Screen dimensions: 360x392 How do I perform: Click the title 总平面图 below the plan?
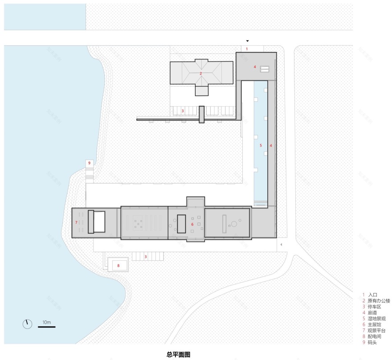[178, 355]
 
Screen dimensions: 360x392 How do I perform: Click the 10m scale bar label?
[47, 321]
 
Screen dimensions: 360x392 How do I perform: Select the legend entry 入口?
[372, 295]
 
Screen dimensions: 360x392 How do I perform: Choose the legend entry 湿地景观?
[376, 319]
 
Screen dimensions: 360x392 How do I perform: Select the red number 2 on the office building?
[201, 73]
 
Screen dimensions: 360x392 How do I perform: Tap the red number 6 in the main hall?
[192, 225]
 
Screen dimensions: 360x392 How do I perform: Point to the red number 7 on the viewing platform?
[77, 222]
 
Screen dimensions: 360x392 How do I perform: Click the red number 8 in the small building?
[118, 266]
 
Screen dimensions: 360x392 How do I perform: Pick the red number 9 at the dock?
[90, 163]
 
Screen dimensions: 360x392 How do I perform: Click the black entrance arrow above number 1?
[248, 40]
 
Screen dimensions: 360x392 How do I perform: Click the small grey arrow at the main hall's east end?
[281, 244]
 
